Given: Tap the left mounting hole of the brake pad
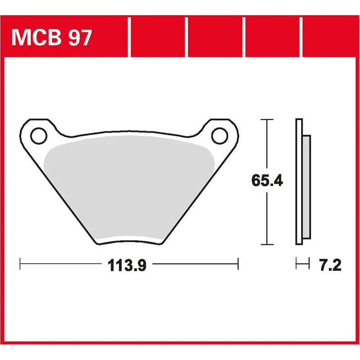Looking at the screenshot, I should pyautogui.click(x=38, y=134).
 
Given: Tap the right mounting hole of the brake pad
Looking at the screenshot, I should pyautogui.click(x=220, y=134).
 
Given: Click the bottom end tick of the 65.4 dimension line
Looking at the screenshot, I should pyautogui.click(x=267, y=244).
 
